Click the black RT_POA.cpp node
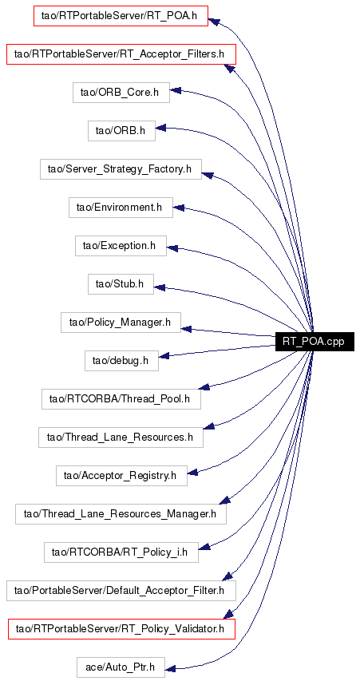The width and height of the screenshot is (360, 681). pos(315,342)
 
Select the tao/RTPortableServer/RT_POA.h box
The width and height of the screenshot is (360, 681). pos(121,16)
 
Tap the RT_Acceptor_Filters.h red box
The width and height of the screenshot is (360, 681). pos(121,54)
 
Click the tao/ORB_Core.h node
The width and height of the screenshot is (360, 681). pos(121,93)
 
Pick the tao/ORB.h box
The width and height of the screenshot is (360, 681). pos(121,131)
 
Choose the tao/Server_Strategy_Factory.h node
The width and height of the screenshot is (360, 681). pos(121,169)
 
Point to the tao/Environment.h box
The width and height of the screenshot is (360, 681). pos(121,207)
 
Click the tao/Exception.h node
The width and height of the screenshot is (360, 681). pos(121,245)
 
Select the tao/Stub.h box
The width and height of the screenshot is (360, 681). pos(121,283)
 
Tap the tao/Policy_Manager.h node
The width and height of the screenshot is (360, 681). pos(121,323)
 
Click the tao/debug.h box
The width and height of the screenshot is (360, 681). pos(121,361)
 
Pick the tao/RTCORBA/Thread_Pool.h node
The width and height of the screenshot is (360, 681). pos(121,398)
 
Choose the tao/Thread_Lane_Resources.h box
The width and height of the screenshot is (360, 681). pos(121,437)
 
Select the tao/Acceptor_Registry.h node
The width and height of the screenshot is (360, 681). pos(121,475)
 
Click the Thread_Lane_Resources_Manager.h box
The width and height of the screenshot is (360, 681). pos(121,513)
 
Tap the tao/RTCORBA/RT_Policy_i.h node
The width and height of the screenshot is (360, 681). pos(121,552)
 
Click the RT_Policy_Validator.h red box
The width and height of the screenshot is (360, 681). pos(121,628)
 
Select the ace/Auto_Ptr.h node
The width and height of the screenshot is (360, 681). pos(121,667)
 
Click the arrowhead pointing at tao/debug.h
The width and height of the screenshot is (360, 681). pos(164,357)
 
